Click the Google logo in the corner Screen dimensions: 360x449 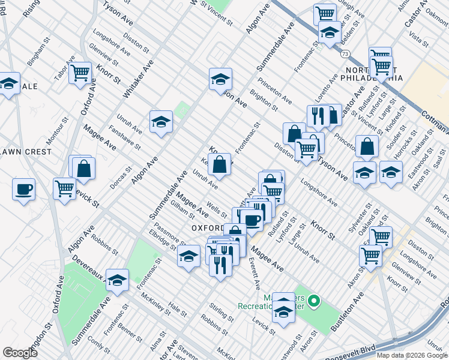[x=20, y=353]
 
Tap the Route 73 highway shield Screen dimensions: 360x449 [x=345, y=54]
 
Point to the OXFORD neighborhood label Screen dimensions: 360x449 [x=207, y=229]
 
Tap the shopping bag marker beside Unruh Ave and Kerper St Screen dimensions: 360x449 [x=220, y=163]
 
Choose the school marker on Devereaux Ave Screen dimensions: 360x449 [x=117, y=279]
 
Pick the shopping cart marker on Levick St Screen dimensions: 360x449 [x=64, y=188]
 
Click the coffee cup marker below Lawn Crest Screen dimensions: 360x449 [x=24, y=190]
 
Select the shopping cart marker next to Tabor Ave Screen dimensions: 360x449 [x=80, y=73]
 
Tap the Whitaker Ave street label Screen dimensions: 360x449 [x=138, y=79]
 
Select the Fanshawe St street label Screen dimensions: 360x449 [x=124, y=137]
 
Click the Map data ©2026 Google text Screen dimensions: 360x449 [x=412, y=355]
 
